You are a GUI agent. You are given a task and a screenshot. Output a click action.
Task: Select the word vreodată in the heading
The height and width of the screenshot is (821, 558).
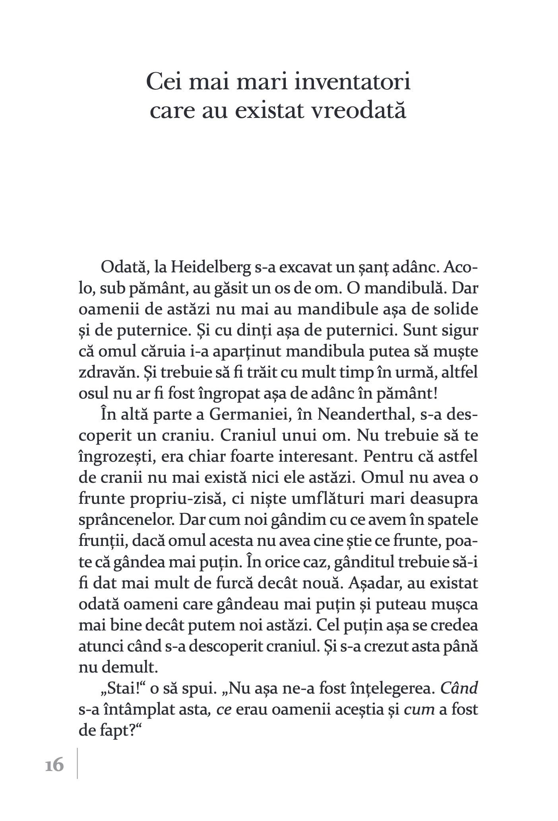pyautogui.click(x=351, y=111)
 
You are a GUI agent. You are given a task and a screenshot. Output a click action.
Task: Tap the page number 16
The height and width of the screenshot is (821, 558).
pyautogui.click(x=54, y=765)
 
